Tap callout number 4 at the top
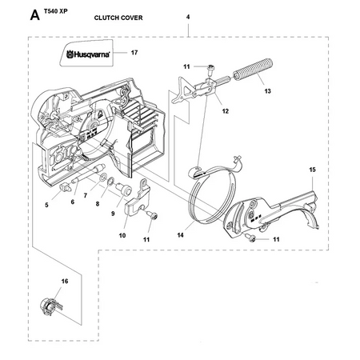(187, 16)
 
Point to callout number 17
(135, 54)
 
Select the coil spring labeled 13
(257, 72)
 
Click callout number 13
(267, 92)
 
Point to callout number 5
(46, 206)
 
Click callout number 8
(98, 205)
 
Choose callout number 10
(123, 235)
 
